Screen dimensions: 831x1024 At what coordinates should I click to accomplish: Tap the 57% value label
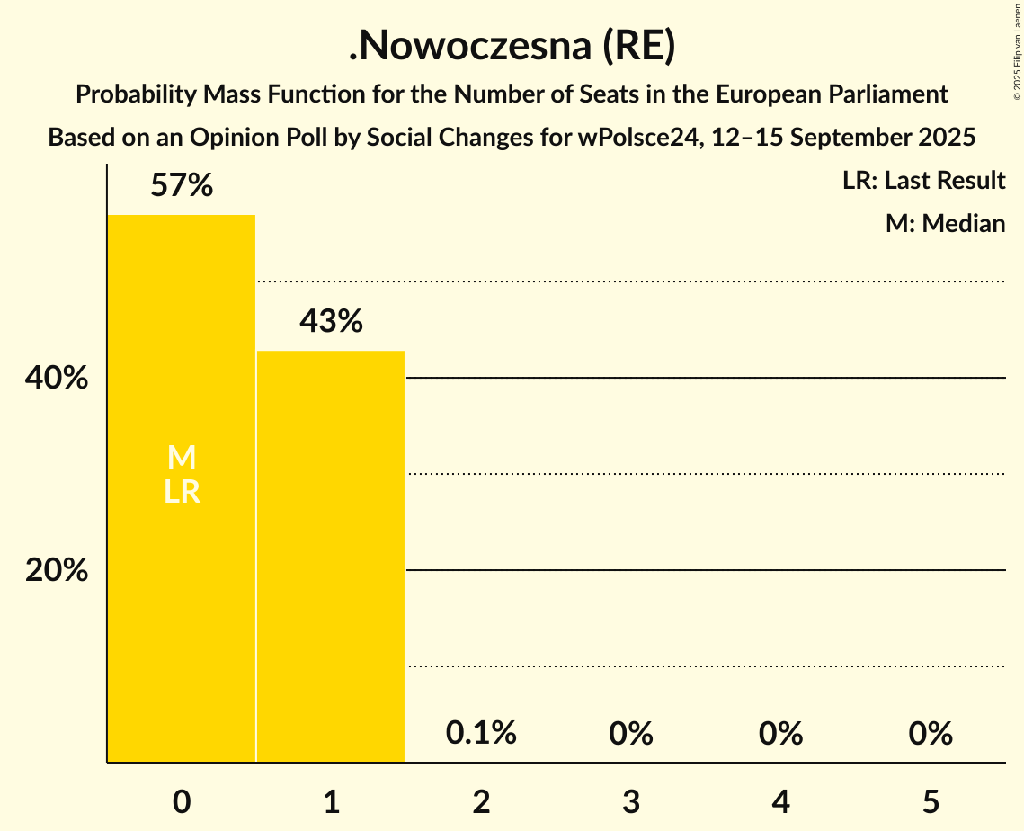point(182,186)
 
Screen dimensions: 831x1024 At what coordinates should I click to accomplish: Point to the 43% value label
point(331,321)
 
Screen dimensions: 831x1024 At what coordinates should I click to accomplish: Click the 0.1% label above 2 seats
point(481,733)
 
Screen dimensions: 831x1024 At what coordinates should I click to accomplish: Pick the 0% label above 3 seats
point(630,733)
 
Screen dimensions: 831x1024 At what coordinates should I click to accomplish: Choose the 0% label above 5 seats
point(930,733)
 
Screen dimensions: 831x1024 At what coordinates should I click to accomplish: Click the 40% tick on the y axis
point(57,379)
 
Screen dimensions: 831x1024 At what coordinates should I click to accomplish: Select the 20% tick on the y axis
point(57,570)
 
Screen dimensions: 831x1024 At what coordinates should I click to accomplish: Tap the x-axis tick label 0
point(182,801)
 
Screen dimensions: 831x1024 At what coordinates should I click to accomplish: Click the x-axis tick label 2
point(481,801)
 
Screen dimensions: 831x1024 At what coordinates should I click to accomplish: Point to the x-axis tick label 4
point(780,801)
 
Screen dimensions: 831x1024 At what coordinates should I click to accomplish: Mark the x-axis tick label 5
point(930,801)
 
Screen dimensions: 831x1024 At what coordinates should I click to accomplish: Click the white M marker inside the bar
point(182,458)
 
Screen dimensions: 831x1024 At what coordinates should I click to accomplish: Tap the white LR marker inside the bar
point(182,492)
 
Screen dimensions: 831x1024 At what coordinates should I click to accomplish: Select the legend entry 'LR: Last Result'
point(923,181)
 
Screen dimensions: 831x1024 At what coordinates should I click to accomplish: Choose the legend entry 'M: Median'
point(945,223)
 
